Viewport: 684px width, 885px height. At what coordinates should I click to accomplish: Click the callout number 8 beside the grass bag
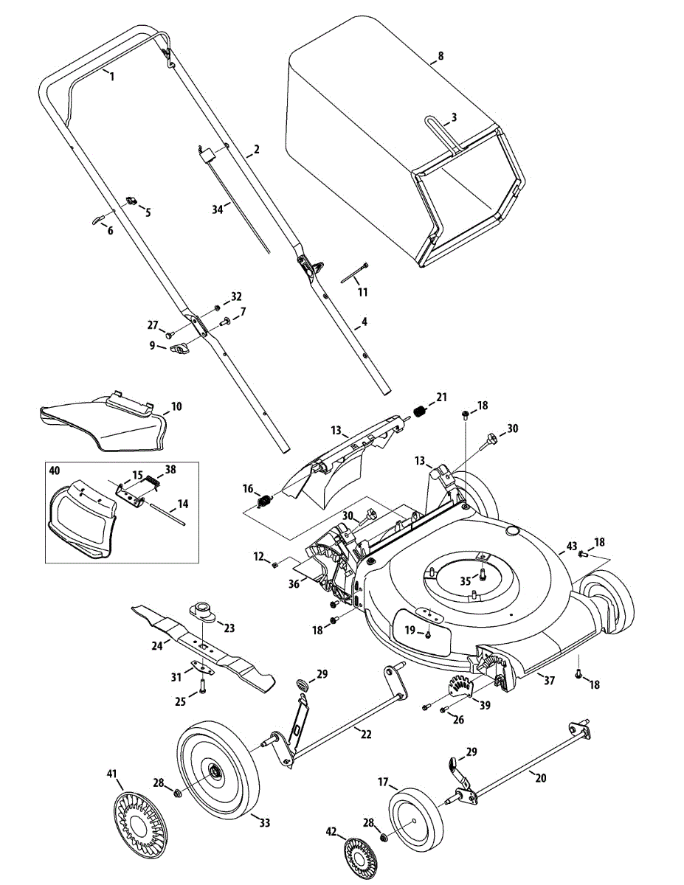tap(441, 56)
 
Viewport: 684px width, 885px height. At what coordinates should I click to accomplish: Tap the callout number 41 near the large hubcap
tap(111, 773)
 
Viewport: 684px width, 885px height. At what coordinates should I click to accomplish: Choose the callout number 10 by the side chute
tap(176, 406)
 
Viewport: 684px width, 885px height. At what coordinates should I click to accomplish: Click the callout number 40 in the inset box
tap(54, 471)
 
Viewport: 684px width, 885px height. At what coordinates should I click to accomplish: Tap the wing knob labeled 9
tap(180, 348)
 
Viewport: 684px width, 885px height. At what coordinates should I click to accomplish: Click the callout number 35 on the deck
tap(466, 581)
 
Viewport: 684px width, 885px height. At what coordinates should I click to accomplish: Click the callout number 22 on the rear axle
tap(366, 734)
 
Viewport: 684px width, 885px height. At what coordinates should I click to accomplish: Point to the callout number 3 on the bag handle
tap(454, 118)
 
